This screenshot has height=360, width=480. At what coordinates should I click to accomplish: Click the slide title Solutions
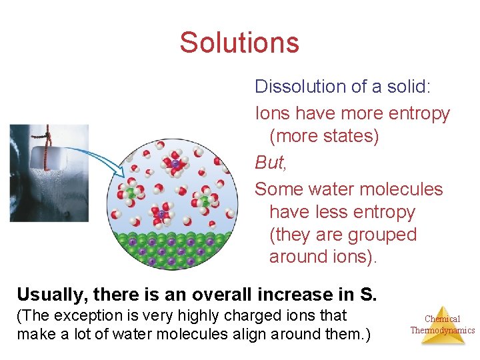(x=239, y=43)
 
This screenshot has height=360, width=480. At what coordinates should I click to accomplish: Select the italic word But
(x=268, y=162)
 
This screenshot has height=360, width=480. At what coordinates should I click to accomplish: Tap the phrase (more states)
(x=324, y=136)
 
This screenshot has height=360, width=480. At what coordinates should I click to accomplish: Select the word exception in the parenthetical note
(x=94, y=315)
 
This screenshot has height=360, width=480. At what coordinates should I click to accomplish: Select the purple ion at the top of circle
(x=175, y=163)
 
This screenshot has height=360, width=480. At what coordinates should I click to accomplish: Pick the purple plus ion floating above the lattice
(x=161, y=215)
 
